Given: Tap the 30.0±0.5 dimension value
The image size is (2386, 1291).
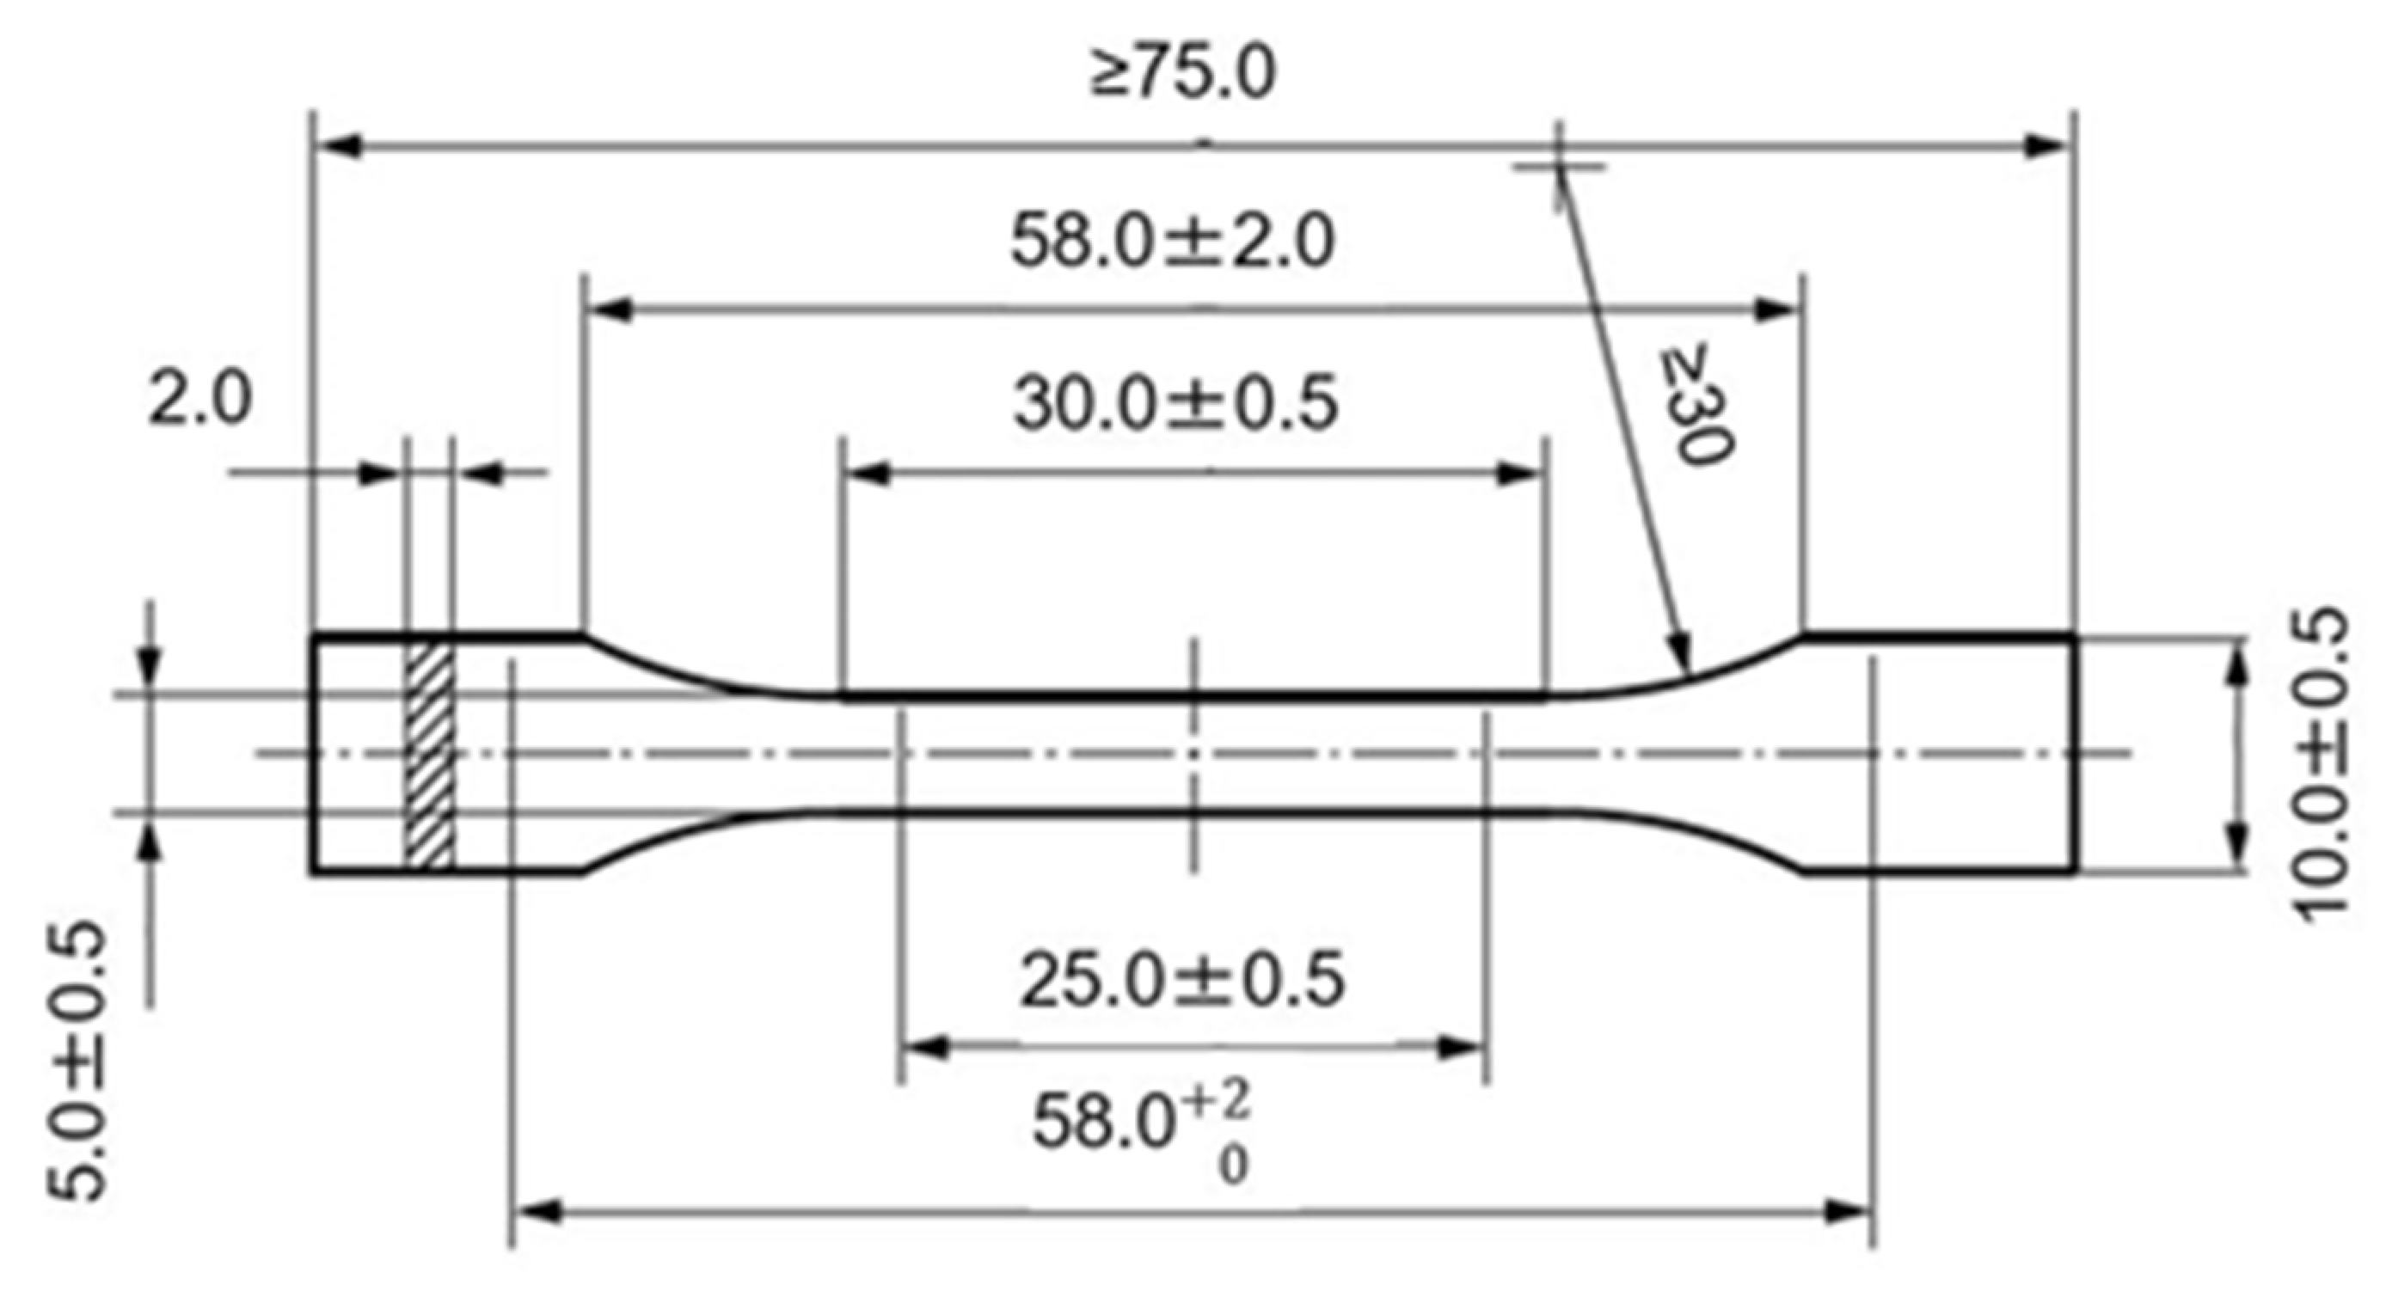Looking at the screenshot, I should click(1175, 405).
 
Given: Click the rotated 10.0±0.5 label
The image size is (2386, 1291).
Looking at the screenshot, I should click(2325, 763).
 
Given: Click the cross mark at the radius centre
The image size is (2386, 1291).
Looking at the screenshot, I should click(1558, 167).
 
